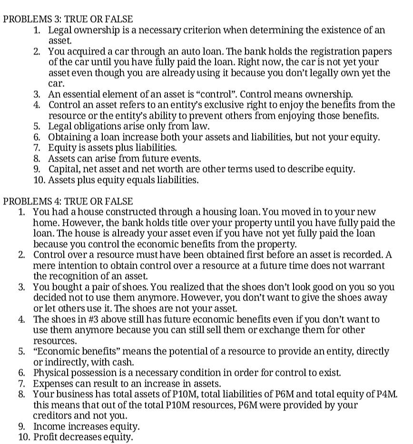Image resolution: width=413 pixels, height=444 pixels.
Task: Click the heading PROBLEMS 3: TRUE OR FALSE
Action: click(68, 20)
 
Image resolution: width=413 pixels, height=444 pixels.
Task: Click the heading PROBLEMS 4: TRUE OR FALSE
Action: click(68, 201)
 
